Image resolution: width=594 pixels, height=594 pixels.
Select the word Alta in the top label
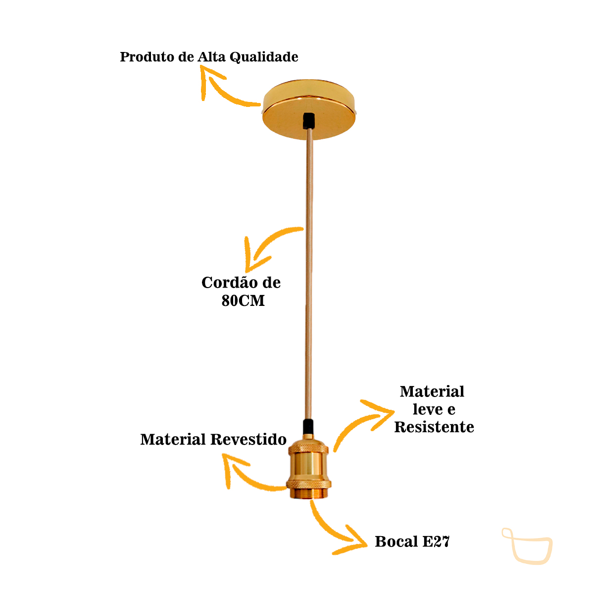tap(212, 57)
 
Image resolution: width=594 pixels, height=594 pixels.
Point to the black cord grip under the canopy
tap(309, 120)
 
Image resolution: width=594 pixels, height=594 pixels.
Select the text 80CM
tap(243, 300)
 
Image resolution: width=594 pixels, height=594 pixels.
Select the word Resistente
tap(434, 427)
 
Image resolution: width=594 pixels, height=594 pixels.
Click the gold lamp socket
tap(307, 470)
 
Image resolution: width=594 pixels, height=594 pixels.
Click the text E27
tap(436, 542)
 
